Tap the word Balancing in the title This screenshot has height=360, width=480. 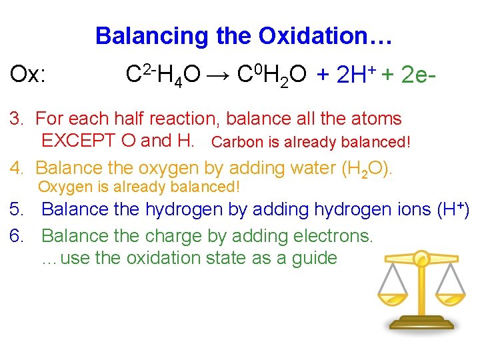coord(153,35)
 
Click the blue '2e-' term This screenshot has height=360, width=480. coord(419,75)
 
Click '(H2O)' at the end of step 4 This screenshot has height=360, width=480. coord(367,168)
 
